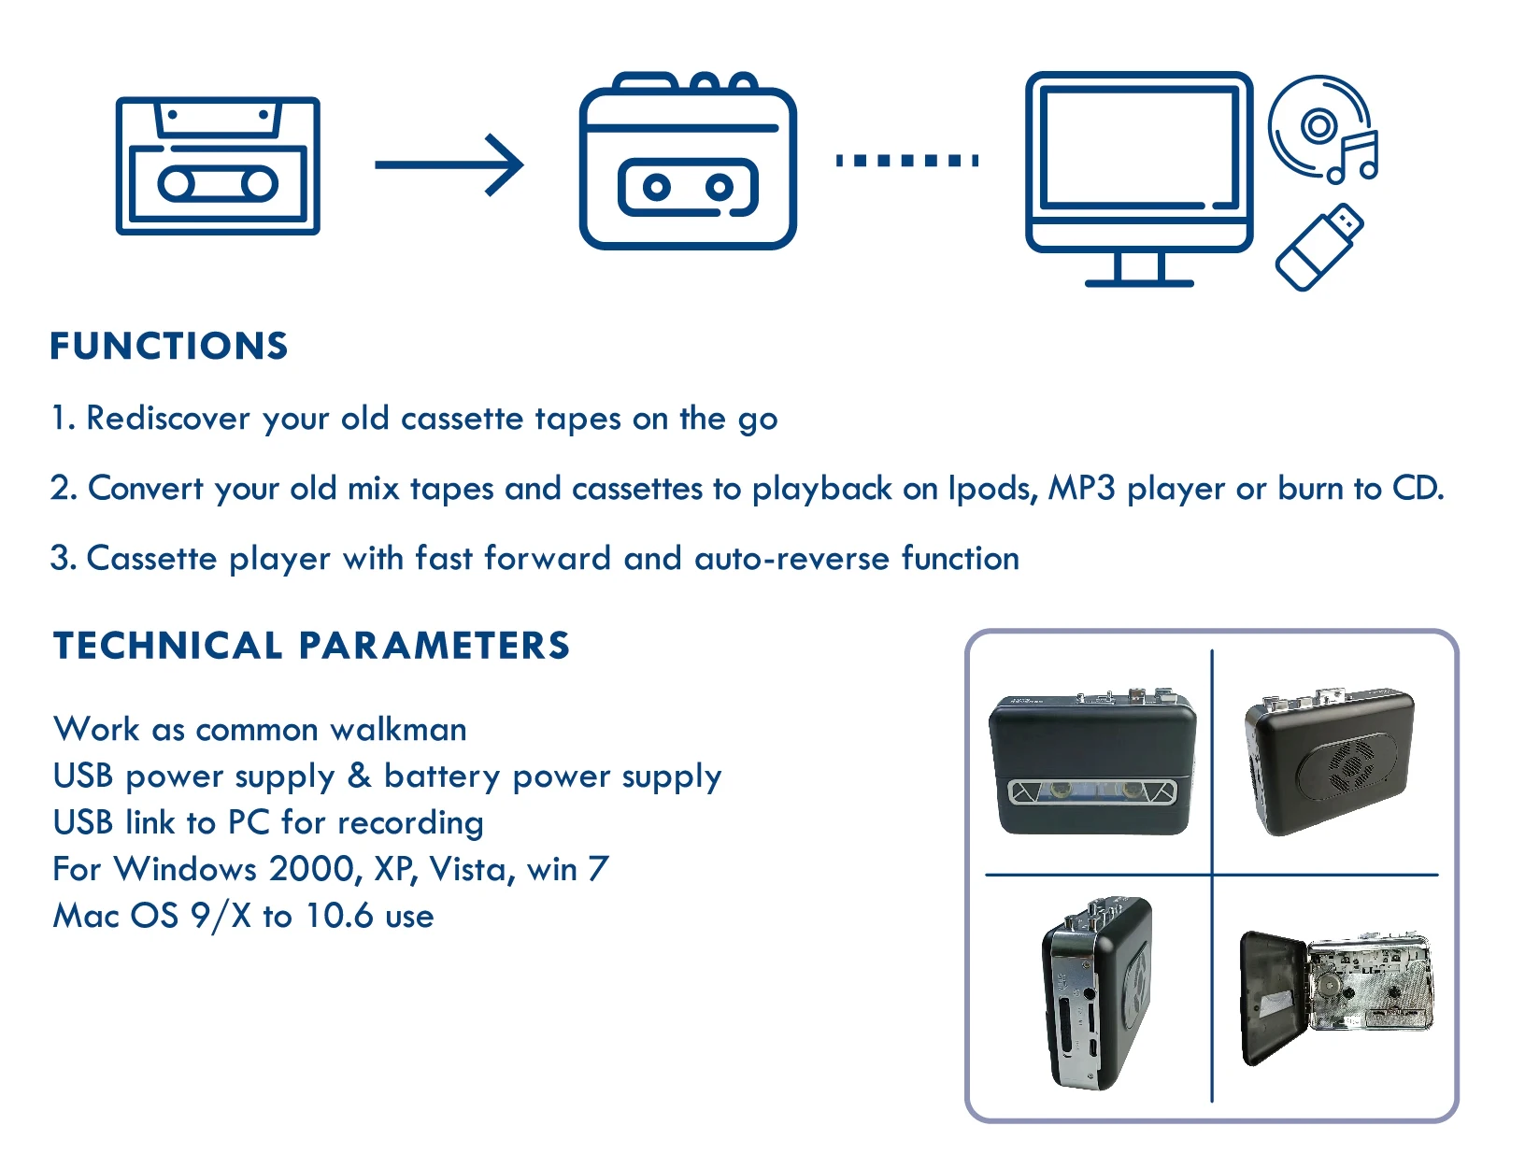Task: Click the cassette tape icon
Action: pos(218,166)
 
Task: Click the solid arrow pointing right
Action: pos(449,164)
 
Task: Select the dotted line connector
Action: pos(906,161)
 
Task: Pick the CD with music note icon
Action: pos(1321,129)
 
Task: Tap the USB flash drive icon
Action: pos(1318,247)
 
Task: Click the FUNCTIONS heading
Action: pos(169,347)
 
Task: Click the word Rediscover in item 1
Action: pos(168,419)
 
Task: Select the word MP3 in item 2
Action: pos(1081,489)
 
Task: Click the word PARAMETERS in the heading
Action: pos(434,647)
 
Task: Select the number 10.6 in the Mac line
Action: pos(339,917)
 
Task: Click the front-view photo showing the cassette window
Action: pos(1092,763)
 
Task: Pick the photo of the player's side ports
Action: pos(1095,994)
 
